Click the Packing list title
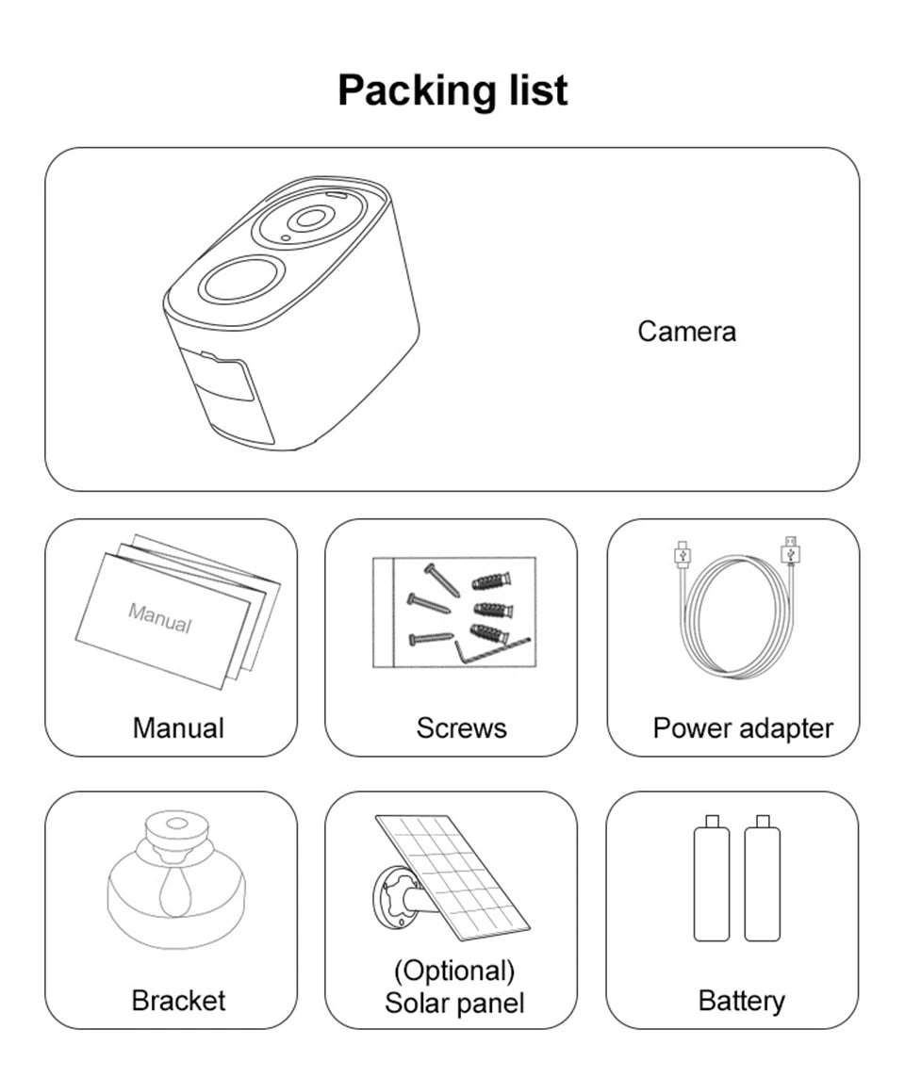tap(452, 90)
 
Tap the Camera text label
tap(686, 332)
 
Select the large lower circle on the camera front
tap(241, 278)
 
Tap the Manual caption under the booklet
tap(178, 728)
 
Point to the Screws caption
tap(461, 728)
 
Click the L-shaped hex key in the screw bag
tap(489, 649)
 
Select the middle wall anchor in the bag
tap(493, 609)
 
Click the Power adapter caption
tap(743, 728)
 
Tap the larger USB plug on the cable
tap(790, 550)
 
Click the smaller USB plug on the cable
tap(683, 553)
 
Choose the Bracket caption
tap(178, 1001)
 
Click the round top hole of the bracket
tap(176, 823)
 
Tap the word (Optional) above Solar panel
tap(453, 971)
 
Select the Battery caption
tap(741, 1001)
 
